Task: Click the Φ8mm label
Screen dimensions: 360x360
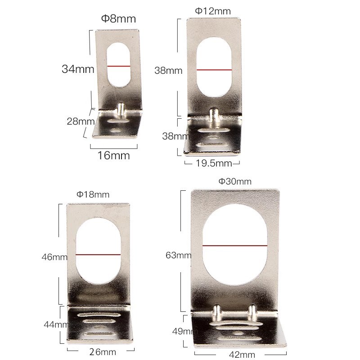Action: point(118,18)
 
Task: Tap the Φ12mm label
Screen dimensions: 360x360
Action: point(213,11)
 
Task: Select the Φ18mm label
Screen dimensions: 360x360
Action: point(93,194)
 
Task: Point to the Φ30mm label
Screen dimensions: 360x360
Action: point(235,181)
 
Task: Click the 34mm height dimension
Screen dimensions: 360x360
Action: point(78,69)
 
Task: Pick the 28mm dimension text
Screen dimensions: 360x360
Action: point(81,121)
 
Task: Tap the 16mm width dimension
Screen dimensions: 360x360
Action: point(114,155)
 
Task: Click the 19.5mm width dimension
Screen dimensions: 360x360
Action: point(214,163)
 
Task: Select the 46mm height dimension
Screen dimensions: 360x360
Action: point(54,257)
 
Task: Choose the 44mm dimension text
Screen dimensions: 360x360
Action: point(56,324)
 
